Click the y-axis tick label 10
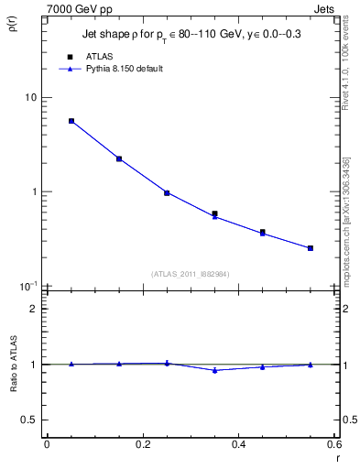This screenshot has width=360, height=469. click(x=30, y=98)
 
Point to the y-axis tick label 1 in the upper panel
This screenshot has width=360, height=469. click(x=34, y=192)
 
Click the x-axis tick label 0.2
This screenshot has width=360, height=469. click(x=142, y=444)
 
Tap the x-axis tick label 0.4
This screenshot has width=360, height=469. click(x=238, y=444)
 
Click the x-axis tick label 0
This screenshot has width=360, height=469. click(x=47, y=444)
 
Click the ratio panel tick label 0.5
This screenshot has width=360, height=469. click(x=29, y=420)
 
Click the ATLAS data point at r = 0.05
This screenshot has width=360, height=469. click(x=71, y=121)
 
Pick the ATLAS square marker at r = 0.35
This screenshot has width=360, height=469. click(x=214, y=213)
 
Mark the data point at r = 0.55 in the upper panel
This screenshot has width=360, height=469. click(x=311, y=248)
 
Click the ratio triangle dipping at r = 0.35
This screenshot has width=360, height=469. click(x=214, y=370)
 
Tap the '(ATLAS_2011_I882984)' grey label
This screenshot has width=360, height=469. click(x=191, y=273)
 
